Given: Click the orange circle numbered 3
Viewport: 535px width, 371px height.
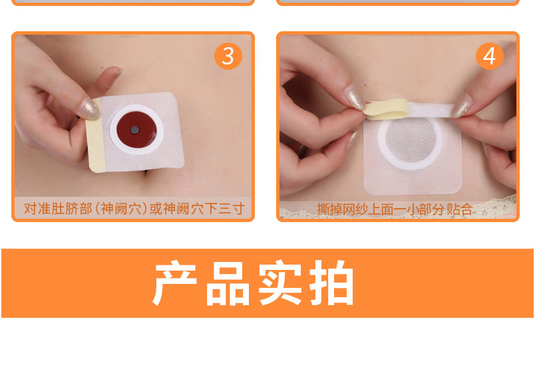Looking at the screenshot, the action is [228, 56].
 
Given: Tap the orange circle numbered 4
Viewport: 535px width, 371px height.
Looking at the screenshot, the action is [490, 56].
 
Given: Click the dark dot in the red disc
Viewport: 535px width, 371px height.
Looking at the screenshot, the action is [135, 130].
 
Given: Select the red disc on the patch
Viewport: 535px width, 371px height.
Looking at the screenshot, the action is [136, 130].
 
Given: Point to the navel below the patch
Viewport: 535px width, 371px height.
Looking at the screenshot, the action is [145, 172].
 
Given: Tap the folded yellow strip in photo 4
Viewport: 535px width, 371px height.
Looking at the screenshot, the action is [385, 109].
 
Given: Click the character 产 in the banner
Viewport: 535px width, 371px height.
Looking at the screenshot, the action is [175, 283].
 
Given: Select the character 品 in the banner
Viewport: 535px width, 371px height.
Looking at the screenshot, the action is [228, 283].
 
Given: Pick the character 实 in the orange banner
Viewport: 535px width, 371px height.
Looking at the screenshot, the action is [280, 283].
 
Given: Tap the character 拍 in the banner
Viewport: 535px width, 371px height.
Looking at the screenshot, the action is [331, 283].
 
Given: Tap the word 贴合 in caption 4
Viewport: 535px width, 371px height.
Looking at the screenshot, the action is [460, 209].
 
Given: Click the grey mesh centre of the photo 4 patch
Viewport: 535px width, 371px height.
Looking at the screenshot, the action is [411, 141].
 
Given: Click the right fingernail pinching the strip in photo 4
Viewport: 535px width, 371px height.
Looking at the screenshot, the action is [462, 105].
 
